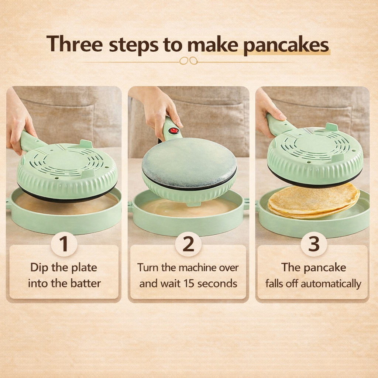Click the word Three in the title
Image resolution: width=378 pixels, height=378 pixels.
(x=74, y=45)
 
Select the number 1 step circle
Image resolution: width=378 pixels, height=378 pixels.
(x=64, y=244)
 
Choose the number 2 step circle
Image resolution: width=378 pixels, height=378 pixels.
(x=188, y=244)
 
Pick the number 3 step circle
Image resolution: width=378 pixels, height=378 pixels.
(x=314, y=244)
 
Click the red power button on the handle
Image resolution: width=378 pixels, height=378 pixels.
(x=173, y=131)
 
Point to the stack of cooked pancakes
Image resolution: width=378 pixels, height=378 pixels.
(x=314, y=201)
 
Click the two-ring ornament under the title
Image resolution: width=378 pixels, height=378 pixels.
(x=188, y=61)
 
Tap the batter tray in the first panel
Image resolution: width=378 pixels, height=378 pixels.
(x=65, y=214)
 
